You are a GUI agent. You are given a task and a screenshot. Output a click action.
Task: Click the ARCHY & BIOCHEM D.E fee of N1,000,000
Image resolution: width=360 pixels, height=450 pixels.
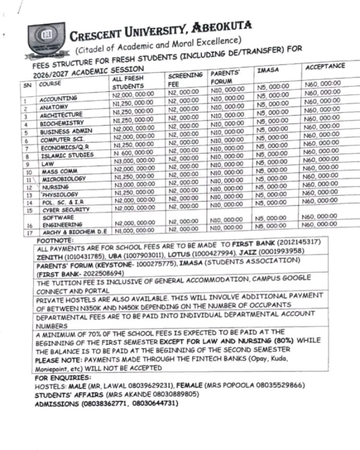point(133,231)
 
